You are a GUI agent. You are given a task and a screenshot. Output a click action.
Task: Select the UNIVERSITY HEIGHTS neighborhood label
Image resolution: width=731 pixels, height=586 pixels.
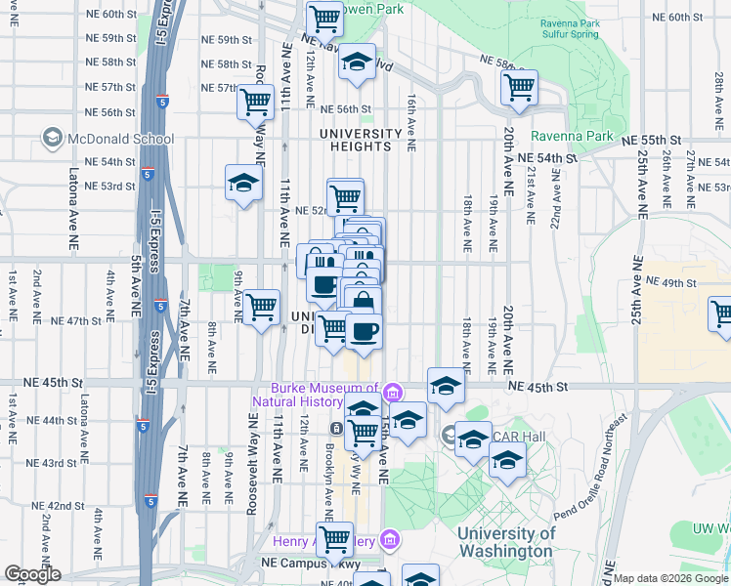[x=361, y=140]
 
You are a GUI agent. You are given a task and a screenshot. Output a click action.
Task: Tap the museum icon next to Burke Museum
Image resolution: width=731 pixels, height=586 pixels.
[x=393, y=393]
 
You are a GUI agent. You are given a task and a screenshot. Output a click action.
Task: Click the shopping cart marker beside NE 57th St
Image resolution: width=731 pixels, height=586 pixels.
[x=256, y=100]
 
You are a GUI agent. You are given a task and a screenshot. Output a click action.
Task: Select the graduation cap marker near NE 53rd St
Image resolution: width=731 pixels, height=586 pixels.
[x=243, y=183]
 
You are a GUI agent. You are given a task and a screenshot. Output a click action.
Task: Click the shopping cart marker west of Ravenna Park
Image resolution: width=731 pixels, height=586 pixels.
[x=519, y=87]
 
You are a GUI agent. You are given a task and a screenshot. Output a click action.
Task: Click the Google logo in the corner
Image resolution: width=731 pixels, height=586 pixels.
[x=32, y=574]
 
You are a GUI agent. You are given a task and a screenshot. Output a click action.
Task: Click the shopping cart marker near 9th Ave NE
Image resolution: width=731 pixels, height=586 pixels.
[x=261, y=307]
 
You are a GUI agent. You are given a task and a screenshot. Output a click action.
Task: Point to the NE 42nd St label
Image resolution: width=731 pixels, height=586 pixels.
[x=59, y=505]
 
